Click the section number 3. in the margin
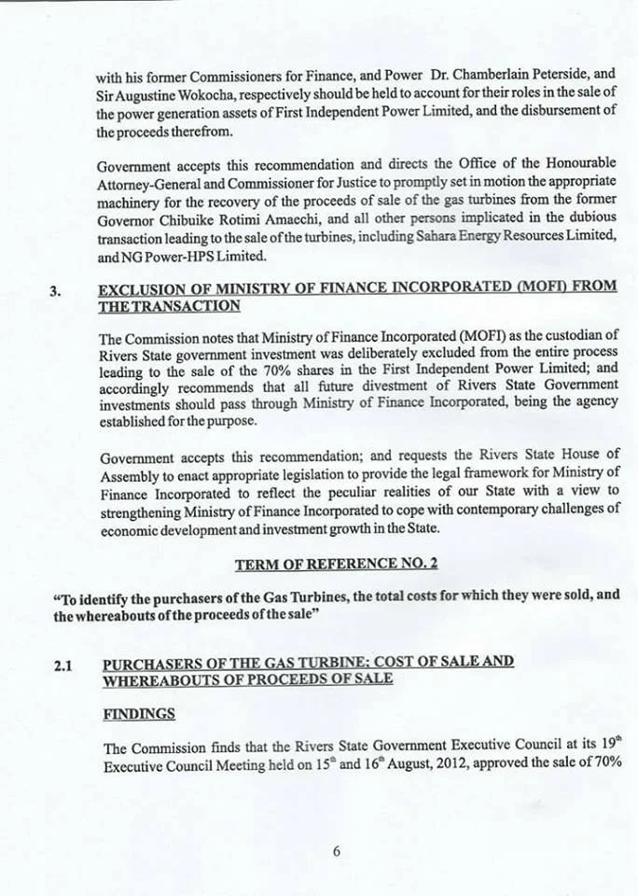[x=55, y=289]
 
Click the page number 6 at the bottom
[x=336, y=850]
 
